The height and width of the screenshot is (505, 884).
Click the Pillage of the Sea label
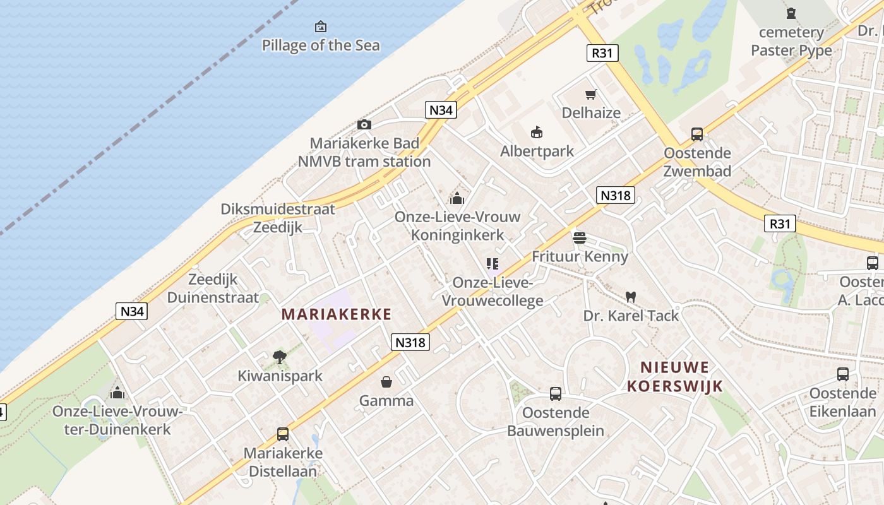click(321, 45)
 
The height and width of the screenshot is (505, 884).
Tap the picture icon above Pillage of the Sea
click(321, 27)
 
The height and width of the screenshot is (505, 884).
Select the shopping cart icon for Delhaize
click(591, 95)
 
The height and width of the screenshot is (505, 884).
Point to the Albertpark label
click(537, 151)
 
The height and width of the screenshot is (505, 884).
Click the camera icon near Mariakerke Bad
click(364, 124)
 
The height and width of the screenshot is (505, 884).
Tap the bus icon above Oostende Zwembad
click(697, 134)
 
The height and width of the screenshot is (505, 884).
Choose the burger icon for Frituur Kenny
click(580, 238)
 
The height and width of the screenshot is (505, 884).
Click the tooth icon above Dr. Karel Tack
click(630, 296)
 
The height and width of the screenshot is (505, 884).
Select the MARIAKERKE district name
click(337, 314)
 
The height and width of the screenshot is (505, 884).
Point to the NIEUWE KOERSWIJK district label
click(675, 376)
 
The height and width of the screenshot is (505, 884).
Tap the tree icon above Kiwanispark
click(280, 357)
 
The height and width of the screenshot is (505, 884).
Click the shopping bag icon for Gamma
click(386, 382)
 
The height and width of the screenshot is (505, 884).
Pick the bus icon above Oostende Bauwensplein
click(556, 394)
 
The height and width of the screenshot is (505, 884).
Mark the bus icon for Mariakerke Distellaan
click(283, 434)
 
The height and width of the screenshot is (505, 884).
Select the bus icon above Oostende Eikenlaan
click(843, 374)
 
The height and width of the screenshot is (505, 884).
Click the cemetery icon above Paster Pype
click(791, 13)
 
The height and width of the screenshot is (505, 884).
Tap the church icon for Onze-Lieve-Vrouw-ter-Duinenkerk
click(117, 393)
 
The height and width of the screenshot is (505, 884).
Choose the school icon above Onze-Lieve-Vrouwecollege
click(493, 264)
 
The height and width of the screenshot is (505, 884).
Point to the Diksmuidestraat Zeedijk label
click(278, 218)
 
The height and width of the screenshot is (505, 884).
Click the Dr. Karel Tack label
click(631, 316)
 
